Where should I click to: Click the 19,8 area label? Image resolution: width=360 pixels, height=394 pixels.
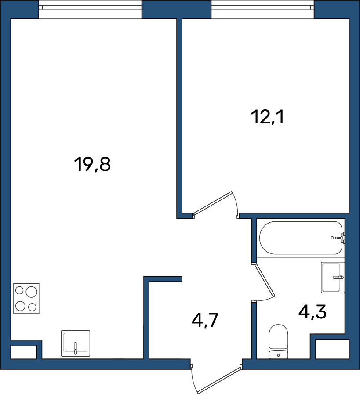[92, 164]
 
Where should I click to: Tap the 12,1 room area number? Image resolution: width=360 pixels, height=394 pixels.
[267, 117]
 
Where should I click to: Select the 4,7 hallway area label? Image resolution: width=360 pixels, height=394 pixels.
[204, 320]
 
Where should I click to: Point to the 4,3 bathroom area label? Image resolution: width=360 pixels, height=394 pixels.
[312, 312]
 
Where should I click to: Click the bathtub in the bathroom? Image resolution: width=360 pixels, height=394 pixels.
[301, 238]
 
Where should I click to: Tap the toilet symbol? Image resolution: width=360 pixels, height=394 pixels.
[278, 341]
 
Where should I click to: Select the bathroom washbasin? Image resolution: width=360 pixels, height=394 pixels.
[333, 278]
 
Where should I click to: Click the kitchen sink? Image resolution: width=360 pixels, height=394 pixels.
[76, 343]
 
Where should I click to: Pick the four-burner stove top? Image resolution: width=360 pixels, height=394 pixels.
[26, 298]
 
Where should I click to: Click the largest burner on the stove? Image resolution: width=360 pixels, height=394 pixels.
[31, 292]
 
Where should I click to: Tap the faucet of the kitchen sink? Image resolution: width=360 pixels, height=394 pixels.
[76, 348]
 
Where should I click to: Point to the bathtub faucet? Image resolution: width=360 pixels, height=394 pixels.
[341, 238]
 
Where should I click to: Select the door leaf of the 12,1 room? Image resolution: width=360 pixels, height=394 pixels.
[213, 204]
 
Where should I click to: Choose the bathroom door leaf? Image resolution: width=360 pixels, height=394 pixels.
[264, 280]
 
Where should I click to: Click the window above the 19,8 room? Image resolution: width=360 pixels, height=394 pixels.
[90, 9]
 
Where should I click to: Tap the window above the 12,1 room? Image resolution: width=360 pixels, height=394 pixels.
[262, 9]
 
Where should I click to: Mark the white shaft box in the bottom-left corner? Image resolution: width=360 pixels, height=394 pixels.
[24, 352]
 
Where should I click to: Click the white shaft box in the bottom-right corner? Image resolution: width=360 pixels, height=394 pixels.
[332, 349]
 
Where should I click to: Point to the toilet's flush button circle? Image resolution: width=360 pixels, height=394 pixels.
[278, 355]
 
